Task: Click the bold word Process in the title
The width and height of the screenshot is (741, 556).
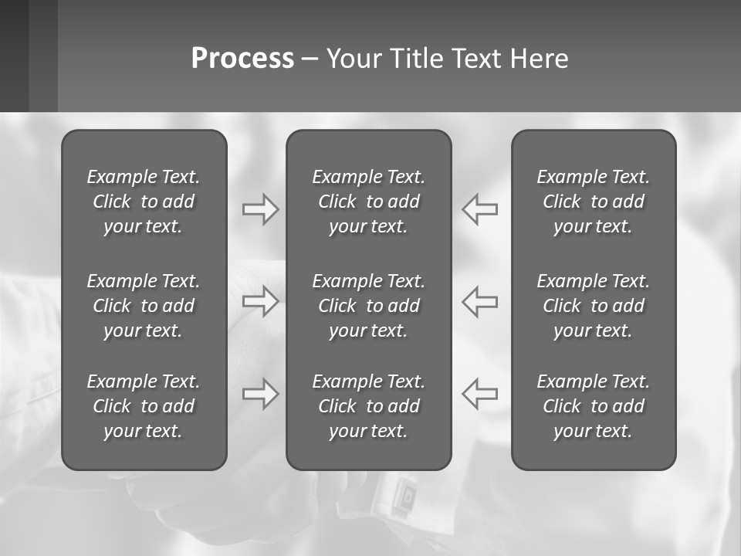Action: (x=242, y=59)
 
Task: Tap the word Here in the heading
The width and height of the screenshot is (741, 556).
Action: (x=539, y=59)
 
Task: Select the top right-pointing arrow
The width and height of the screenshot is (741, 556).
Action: (x=260, y=209)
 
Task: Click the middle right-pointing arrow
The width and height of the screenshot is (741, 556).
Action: (x=260, y=301)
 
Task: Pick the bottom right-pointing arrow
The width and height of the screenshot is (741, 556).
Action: (x=260, y=394)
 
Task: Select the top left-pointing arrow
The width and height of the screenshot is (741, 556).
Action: (x=480, y=209)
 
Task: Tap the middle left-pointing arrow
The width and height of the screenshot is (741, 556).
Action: (x=480, y=301)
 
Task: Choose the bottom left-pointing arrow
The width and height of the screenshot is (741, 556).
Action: (x=480, y=394)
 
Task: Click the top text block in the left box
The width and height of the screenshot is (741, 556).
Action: (x=144, y=202)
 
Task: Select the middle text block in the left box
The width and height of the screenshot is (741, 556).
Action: (x=144, y=306)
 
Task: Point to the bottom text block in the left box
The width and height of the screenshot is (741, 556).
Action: (x=144, y=406)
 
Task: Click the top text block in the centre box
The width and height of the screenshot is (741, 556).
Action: (x=368, y=202)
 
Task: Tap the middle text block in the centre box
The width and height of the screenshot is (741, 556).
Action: (x=368, y=306)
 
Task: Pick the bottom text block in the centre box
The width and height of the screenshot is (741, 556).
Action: (x=368, y=406)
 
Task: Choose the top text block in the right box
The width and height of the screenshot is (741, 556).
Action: (x=593, y=202)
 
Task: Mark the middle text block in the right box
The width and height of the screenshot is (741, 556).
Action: (x=593, y=306)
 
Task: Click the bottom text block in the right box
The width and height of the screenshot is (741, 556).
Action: (x=593, y=406)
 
